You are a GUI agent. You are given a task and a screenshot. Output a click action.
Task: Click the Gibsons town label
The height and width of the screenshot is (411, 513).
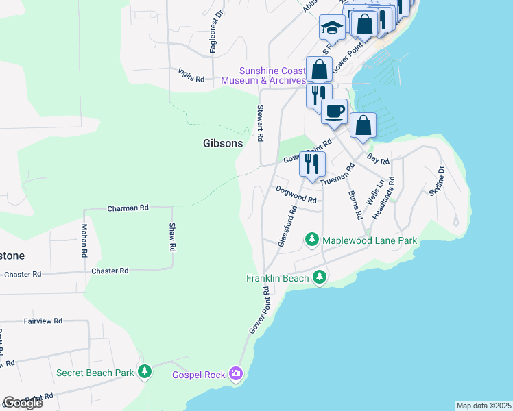[x=223, y=143]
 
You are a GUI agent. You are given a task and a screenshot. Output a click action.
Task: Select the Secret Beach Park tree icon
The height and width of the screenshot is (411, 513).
[x=144, y=372]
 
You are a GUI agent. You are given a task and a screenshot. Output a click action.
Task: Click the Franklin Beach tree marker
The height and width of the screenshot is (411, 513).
[x=319, y=277]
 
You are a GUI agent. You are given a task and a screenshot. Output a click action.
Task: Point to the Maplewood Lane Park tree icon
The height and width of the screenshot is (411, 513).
[x=312, y=240]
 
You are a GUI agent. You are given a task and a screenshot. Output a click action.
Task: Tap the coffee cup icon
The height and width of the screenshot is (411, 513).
[x=335, y=111]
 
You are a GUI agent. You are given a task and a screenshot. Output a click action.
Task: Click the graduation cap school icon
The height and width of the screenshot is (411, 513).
[x=332, y=28]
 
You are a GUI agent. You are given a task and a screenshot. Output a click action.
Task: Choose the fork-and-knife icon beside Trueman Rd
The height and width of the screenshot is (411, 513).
[x=312, y=163]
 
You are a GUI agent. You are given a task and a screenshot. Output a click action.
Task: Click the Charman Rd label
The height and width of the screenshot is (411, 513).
[x=128, y=207]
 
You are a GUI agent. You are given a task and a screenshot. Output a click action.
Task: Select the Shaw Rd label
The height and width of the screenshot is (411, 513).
[x=174, y=236]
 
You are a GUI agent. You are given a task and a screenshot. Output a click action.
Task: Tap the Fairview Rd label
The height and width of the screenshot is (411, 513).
[x=43, y=320]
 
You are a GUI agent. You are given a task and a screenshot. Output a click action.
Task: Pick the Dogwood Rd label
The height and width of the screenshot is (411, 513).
[x=296, y=195]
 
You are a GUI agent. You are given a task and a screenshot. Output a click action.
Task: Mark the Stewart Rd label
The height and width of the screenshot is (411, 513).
[x=260, y=123]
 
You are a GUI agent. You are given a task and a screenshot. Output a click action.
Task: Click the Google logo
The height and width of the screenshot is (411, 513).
[x=22, y=403]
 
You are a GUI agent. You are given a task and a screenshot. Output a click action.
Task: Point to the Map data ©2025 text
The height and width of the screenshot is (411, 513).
[x=484, y=406]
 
